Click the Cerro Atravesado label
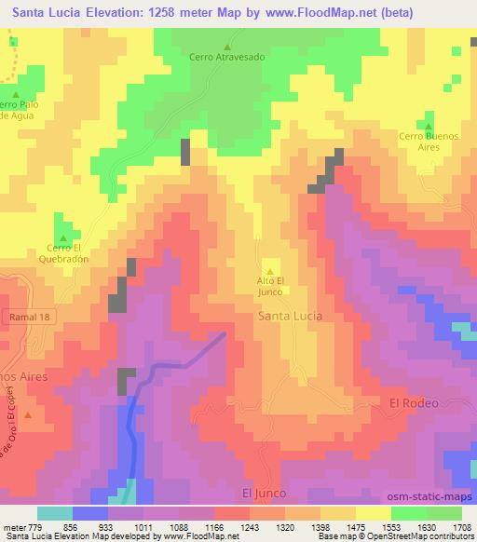pos(228,57)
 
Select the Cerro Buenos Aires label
pos(429,142)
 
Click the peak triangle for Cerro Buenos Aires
pos(429,127)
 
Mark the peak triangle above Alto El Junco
pos(270,271)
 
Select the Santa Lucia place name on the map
pos(290,316)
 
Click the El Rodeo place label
pos(413,402)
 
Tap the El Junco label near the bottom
pos(264,492)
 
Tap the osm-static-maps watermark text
pos(429,494)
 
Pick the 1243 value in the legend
pos(249,526)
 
